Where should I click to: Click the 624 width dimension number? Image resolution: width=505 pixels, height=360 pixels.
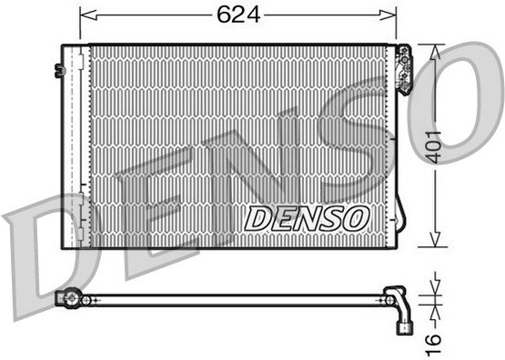238,15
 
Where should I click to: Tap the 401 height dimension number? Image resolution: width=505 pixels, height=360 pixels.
433,147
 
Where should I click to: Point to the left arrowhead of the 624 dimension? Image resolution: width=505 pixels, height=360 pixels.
88,15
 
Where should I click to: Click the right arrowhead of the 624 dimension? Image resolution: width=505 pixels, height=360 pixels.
388,15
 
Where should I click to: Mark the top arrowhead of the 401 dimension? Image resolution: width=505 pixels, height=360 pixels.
435,53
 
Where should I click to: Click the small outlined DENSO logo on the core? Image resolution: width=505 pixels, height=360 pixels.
307,219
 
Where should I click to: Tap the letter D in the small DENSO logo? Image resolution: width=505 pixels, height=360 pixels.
257,219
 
